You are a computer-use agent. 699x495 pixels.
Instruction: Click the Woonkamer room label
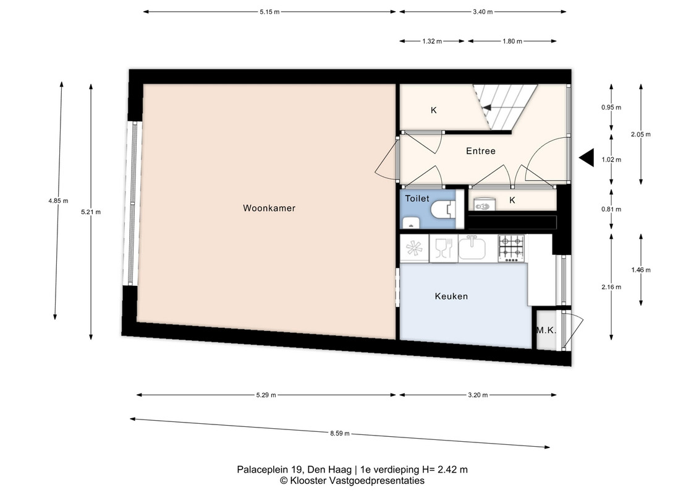[269, 208]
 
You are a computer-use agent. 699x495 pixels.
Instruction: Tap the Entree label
[481, 151]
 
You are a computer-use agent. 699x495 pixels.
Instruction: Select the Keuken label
[451, 296]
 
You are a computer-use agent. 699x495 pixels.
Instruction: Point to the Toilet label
[417, 198]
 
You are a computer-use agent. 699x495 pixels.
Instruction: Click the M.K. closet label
[546, 330]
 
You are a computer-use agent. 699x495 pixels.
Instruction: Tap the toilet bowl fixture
[446, 209]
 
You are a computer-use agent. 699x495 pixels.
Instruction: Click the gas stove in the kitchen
[511, 248]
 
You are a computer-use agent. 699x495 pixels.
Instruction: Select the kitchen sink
[472, 248]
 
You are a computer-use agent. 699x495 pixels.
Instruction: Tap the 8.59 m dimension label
[340, 433]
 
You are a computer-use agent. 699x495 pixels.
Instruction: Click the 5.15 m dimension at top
[269, 12]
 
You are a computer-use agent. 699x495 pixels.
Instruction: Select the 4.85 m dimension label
[58, 201]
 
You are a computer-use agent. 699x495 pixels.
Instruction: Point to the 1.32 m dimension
[432, 41]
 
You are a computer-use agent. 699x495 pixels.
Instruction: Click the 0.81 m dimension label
[611, 209]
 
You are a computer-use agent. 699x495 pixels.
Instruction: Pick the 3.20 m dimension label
[478, 395]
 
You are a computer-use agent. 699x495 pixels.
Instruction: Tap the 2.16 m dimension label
[611, 287]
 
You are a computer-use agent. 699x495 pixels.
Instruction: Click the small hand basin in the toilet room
[410, 223]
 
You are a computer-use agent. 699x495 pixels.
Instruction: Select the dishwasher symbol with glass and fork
[443, 248]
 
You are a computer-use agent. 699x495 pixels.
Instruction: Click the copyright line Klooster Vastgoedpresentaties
[352, 481]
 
